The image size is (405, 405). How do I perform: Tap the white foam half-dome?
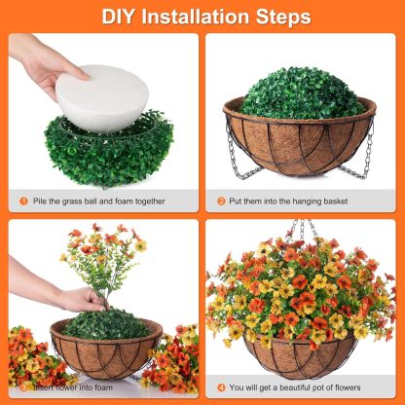[x=101, y=96]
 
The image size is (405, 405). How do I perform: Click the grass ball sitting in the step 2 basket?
[x=303, y=92]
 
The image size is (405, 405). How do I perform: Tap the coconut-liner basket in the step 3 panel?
[x=105, y=350]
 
